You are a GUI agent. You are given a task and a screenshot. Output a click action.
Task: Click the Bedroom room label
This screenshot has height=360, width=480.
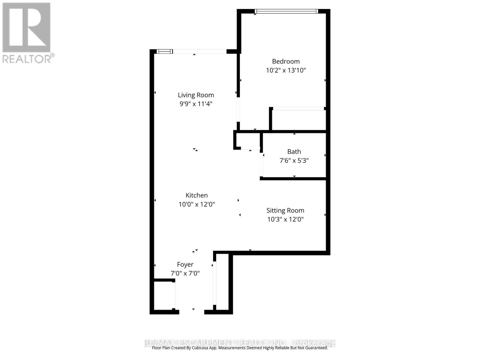click(x=286, y=61)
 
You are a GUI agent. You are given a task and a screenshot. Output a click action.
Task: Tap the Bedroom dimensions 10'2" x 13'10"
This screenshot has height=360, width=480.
click(x=286, y=70)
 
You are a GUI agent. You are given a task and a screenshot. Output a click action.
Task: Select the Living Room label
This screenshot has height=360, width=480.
click(x=196, y=95)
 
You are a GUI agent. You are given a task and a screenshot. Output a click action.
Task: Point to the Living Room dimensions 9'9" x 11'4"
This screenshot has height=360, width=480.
click(x=196, y=104)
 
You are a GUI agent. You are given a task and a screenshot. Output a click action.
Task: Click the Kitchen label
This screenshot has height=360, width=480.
click(x=196, y=195)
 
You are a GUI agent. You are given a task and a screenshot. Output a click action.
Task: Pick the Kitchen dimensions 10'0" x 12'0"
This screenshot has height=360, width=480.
click(x=196, y=205)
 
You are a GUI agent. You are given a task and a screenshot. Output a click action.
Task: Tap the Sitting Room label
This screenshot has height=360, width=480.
click(x=285, y=211)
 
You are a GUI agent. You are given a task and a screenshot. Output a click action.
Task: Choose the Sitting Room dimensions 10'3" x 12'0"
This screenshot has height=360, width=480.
click(x=285, y=220)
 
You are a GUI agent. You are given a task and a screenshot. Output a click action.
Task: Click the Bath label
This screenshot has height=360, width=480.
click(x=294, y=152)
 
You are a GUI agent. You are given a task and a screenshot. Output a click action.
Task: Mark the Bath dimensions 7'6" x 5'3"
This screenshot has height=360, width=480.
click(x=294, y=161)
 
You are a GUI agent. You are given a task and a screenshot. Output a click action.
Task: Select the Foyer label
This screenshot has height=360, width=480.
click(x=185, y=265)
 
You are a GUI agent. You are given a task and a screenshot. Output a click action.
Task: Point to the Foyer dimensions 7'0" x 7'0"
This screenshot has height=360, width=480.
click(x=185, y=274)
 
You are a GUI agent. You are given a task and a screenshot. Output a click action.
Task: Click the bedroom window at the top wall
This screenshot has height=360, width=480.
click(x=286, y=11)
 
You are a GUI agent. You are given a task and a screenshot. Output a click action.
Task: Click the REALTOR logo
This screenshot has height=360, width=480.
click(x=26, y=28)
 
